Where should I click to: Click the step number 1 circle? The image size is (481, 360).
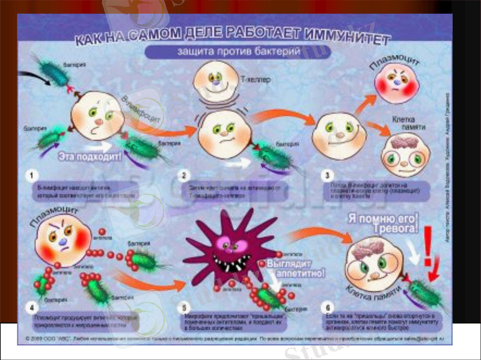point(29,175)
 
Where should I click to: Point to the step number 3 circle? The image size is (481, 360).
point(327,175)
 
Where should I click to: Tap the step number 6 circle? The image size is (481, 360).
point(327,308)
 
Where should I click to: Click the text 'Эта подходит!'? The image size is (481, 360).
point(90,157)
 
